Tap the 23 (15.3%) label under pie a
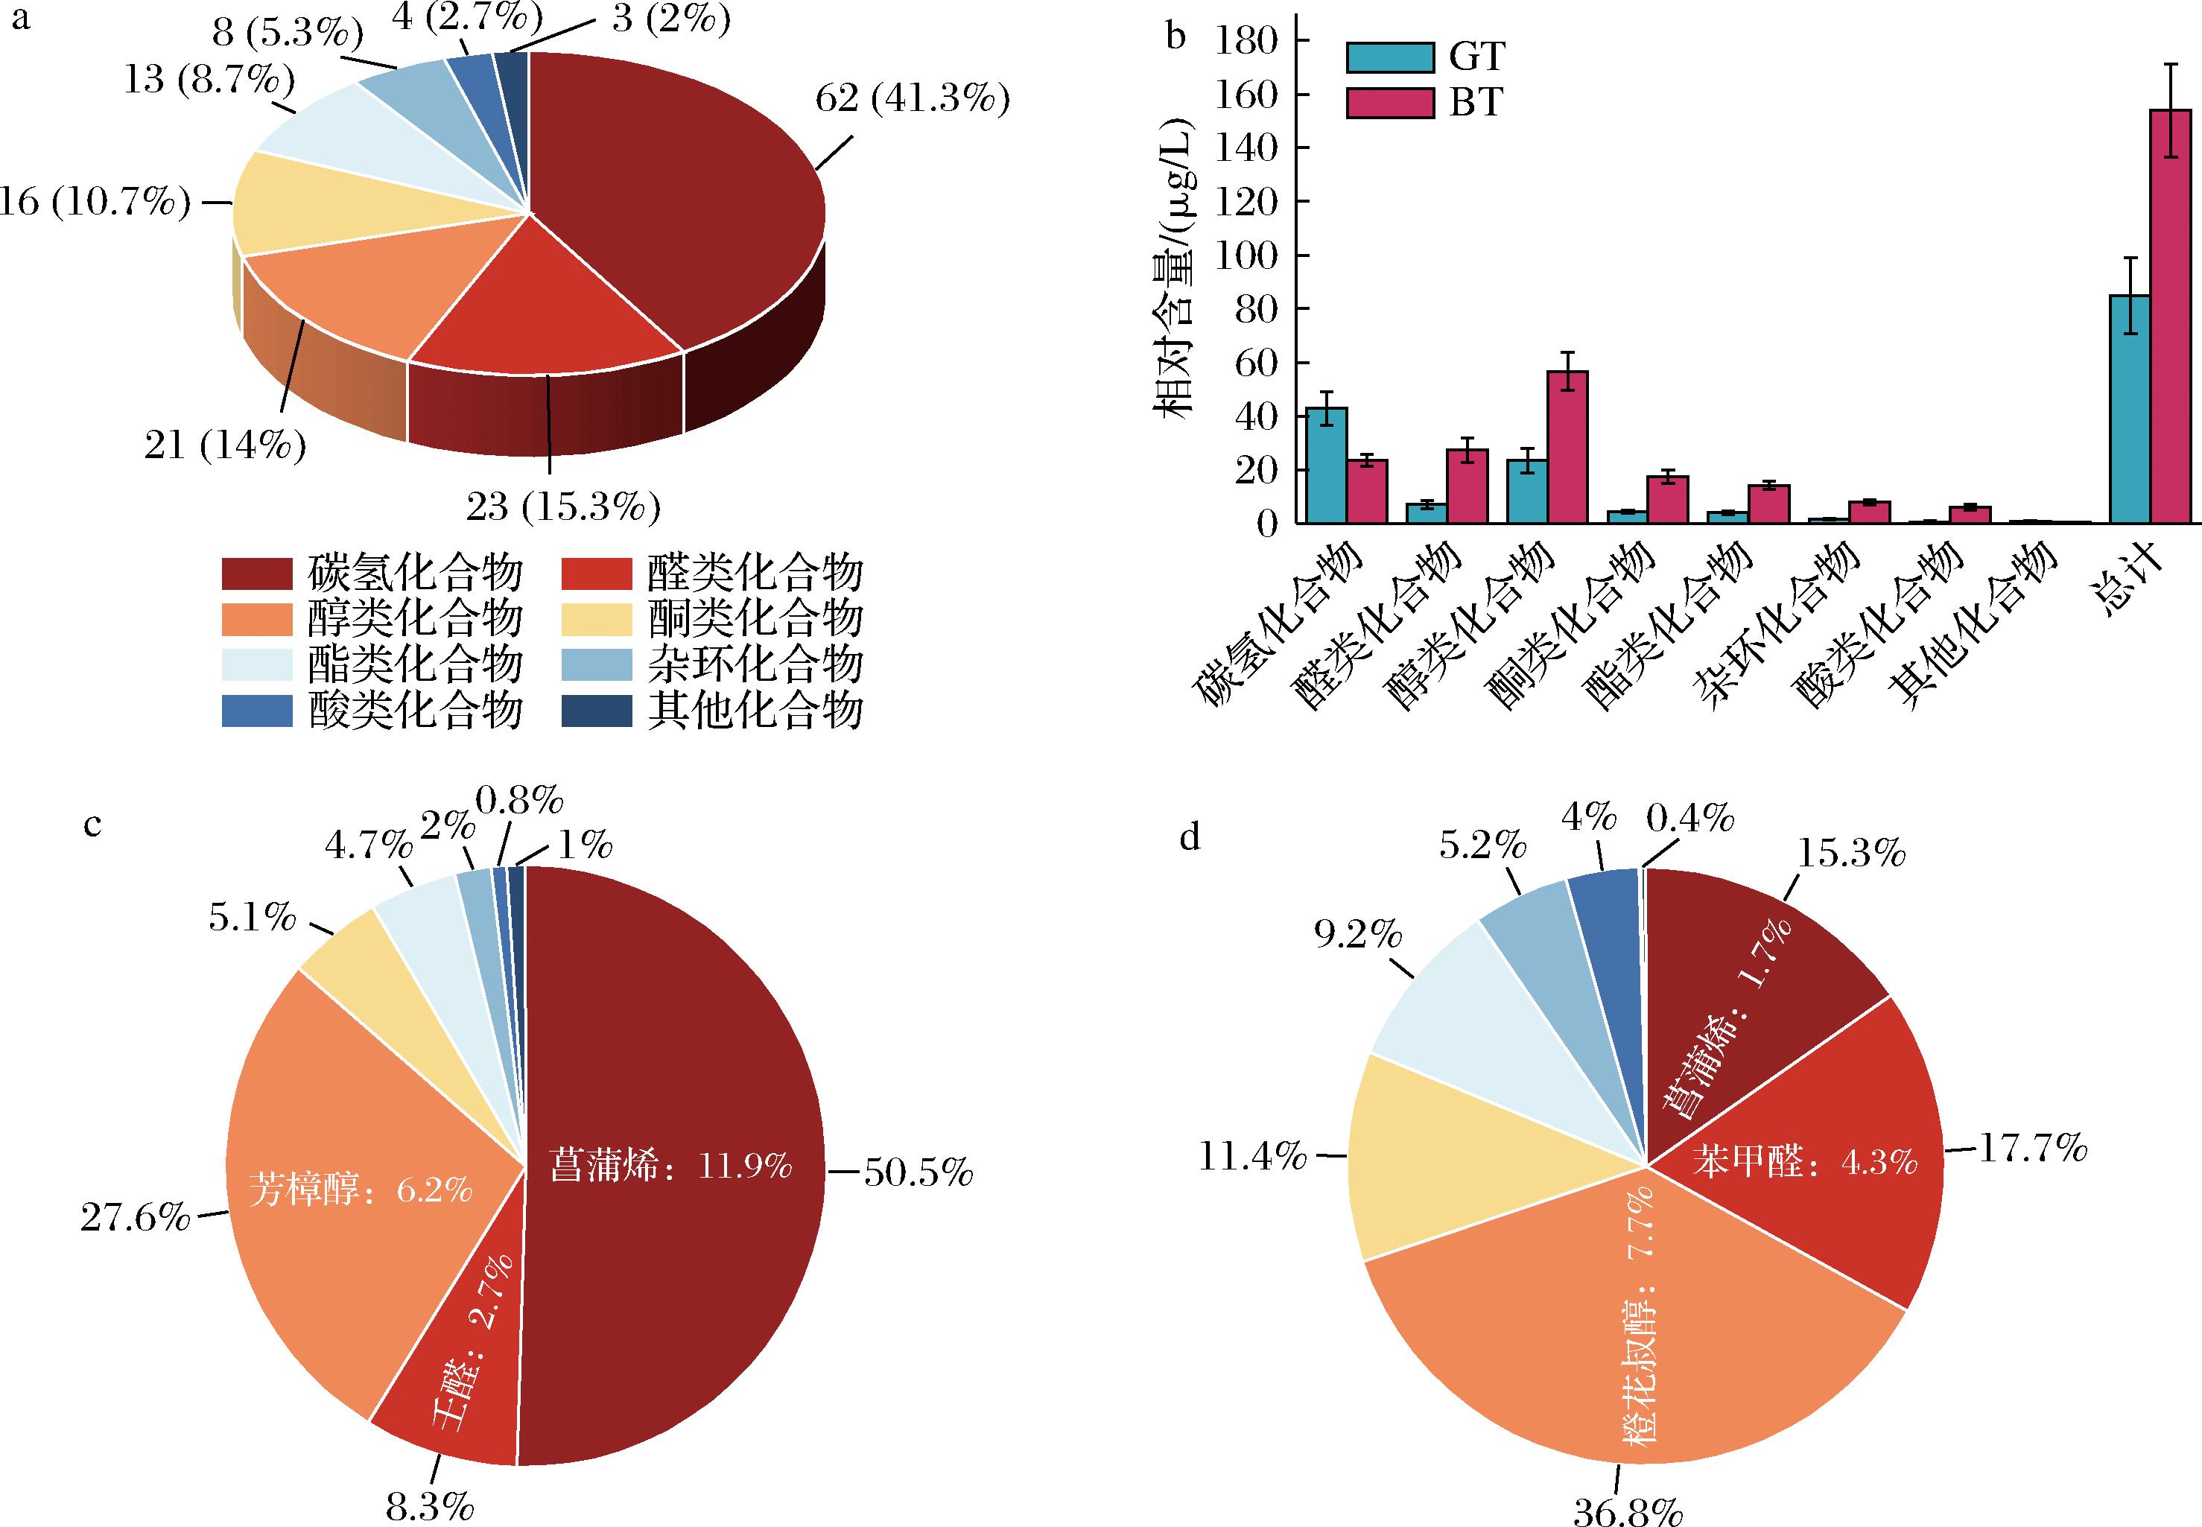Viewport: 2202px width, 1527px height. (563, 506)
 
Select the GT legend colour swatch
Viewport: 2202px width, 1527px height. (1390, 57)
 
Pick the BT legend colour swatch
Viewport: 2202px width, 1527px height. (1390, 102)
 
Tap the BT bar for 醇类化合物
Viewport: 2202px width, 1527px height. (1568, 447)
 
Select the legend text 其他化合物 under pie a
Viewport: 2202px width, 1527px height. (755, 711)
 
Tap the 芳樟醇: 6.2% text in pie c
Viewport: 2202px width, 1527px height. (361, 1190)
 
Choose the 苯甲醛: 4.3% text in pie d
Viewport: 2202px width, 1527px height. (1804, 1161)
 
